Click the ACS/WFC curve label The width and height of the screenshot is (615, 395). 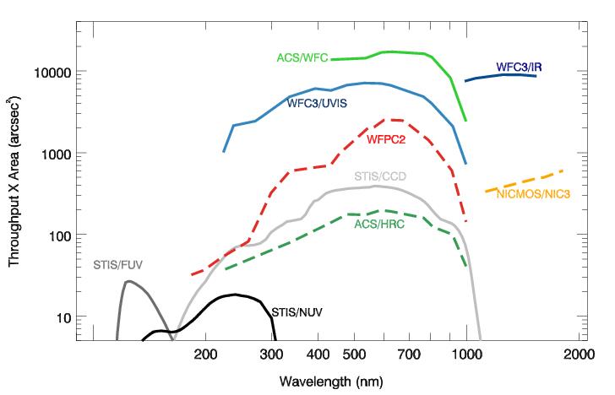[x=302, y=58]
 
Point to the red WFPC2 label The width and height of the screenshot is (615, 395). [x=385, y=138]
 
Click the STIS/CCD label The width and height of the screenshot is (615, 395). [x=377, y=176]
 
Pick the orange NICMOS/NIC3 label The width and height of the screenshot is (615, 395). [x=534, y=194]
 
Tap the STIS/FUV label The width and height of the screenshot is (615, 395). [x=117, y=265]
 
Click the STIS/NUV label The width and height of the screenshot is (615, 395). [x=297, y=312]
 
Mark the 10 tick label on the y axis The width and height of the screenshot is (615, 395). [x=62, y=317]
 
